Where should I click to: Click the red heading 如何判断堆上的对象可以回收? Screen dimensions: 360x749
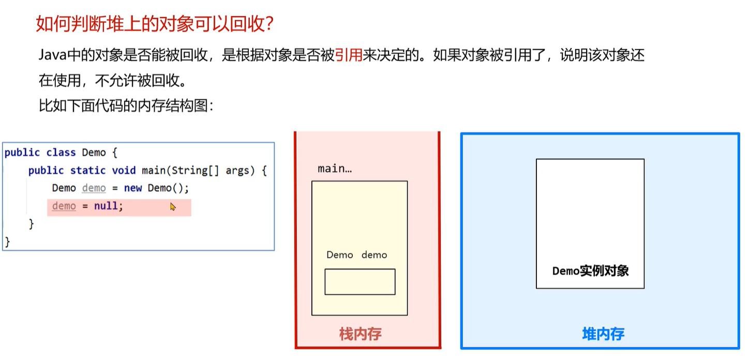click(x=154, y=24)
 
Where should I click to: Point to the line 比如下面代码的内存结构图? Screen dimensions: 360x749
click(x=126, y=107)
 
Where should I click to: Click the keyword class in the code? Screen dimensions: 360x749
click(x=61, y=153)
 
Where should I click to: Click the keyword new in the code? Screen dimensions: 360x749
click(x=133, y=188)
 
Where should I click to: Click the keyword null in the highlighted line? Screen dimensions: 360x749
click(x=107, y=206)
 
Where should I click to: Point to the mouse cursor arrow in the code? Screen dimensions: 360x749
click(x=173, y=206)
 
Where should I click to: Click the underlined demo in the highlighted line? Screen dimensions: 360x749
click(x=64, y=206)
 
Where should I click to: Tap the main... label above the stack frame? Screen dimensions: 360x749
click(x=334, y=169)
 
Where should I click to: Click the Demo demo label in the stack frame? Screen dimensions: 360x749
click(x=356, y=255)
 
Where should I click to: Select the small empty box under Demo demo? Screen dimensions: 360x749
click(x=359, y=281)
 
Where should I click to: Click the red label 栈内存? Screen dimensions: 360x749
click(x=360, y=334)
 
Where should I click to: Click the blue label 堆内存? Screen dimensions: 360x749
click(x=603, y=334)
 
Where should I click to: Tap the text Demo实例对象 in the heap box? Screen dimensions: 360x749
click(x=590, y=271)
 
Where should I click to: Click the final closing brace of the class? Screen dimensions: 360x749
click(x=7, y=241)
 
